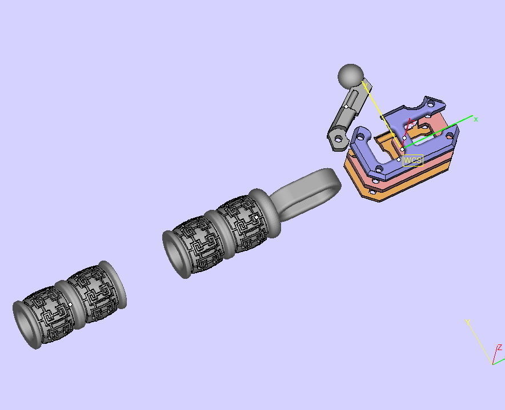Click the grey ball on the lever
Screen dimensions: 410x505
(351, 76)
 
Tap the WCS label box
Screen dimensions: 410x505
(412, 160)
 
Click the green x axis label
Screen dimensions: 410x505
(476, 120)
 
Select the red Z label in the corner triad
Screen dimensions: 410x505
(500, 347)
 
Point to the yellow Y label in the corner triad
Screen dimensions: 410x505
(467, 323)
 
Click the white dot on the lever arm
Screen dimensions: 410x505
(346, 107)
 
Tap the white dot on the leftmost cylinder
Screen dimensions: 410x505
(70, 305)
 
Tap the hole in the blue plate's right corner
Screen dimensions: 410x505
(450, 136)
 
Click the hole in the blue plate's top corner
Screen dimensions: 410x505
(430, 105)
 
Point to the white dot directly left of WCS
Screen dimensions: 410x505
(399, 160)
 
